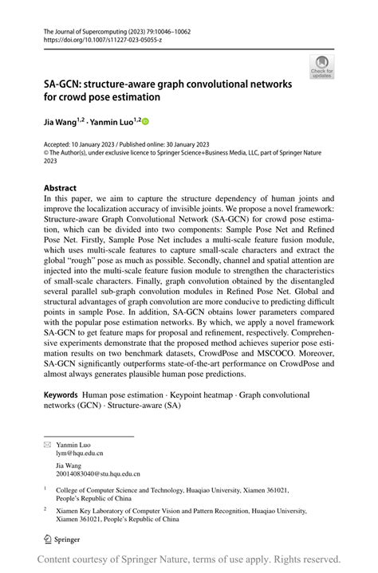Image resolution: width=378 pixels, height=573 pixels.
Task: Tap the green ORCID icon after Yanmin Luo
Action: (x=145, y=122)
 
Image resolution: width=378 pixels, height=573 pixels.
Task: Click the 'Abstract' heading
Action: (x=61, y=188)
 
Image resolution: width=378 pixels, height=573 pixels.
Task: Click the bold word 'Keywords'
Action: (x=61, y=394)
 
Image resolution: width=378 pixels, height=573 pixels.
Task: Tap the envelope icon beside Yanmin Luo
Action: (x=47, y=442)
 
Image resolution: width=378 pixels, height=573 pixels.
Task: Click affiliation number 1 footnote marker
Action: (x=45, y=489)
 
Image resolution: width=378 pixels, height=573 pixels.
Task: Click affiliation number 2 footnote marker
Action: (x=45, y=509)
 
